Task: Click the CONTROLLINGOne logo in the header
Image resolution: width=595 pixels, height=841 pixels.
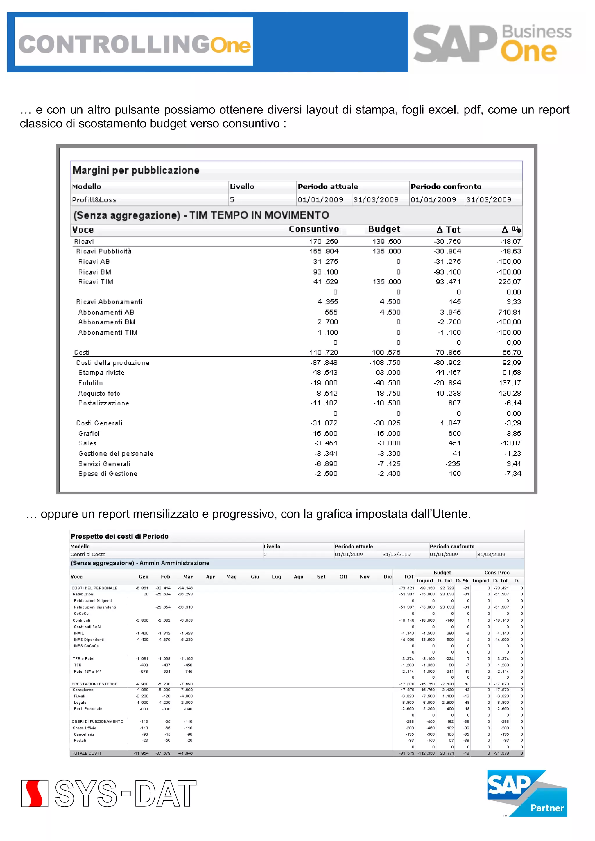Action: click(134, 44)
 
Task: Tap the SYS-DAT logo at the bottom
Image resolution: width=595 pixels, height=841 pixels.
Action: click(109, 793)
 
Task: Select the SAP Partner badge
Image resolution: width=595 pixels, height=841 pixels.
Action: click(527, 793)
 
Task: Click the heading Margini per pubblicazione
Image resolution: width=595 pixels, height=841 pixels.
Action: click(136, 170)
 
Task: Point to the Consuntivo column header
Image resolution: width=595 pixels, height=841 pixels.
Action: click(314, 229)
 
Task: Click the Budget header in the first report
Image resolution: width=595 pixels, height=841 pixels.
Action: click(384, 229)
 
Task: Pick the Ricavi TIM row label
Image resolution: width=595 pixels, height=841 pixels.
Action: click(95, 282)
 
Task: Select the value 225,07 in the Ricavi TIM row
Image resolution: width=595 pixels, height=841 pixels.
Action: click(509, 282)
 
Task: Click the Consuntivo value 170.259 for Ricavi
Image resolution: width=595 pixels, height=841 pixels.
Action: click(324, 241)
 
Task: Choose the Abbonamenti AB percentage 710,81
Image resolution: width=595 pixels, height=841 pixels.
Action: click(509, 312)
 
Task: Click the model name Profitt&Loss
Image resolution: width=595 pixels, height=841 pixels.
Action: click(94, 200)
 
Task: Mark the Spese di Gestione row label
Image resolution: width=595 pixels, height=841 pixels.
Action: click(108, 474)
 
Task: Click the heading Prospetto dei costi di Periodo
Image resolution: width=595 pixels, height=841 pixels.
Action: click(119, 536)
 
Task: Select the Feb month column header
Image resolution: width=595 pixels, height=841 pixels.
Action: click(165, 577)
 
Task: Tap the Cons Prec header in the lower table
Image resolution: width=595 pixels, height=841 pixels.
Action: click(497, 573)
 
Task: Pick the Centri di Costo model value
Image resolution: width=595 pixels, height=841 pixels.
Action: click(88, 554)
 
